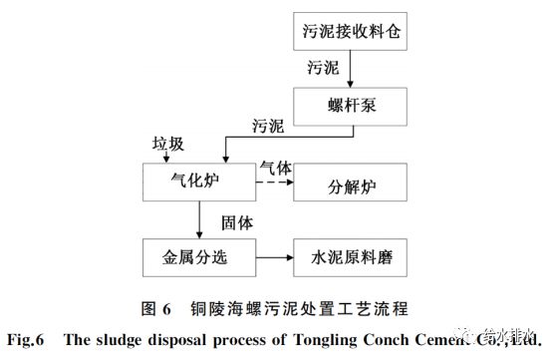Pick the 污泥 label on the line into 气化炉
click(x=265, y=128)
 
